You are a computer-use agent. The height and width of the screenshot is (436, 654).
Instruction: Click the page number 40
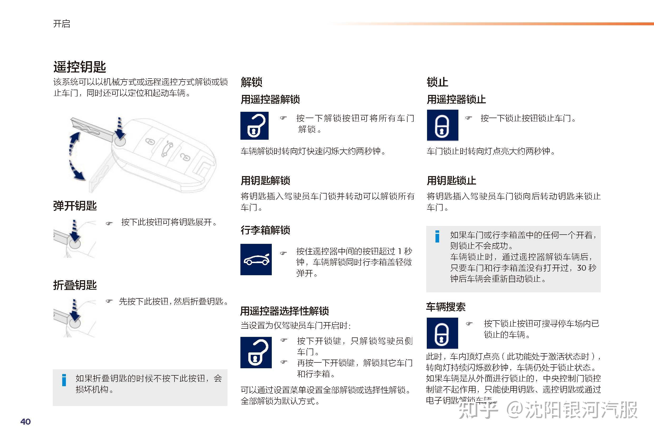26,422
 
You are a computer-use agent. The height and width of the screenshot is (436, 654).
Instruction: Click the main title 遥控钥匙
80,67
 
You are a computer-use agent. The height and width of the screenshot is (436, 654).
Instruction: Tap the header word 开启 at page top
61,24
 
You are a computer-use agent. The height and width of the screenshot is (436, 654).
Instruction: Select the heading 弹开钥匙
75,206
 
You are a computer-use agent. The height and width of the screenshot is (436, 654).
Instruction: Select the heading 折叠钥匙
75,285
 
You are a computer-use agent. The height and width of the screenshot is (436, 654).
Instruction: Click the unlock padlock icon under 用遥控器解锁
254,126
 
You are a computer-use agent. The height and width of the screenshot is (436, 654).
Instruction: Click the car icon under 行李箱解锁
256,259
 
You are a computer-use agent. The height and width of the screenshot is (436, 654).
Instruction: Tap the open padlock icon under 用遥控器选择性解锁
256,352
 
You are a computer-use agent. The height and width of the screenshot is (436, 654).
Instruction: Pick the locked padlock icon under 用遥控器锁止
442,125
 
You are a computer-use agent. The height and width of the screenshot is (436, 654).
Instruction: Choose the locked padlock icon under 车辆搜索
442,333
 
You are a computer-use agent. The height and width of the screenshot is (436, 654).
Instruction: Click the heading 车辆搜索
446,307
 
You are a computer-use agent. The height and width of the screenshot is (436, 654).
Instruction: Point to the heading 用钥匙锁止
451,181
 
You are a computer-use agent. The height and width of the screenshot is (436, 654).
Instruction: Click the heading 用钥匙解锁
265,181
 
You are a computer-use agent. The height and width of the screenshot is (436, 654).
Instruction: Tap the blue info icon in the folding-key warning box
64,380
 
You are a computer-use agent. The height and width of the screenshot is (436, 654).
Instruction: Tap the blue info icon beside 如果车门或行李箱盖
437,236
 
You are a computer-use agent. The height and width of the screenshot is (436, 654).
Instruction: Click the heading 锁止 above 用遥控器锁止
437,82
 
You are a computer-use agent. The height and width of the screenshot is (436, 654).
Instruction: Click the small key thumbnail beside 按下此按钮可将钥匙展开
75,239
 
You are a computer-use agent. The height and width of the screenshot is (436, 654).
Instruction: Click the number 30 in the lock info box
582,268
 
